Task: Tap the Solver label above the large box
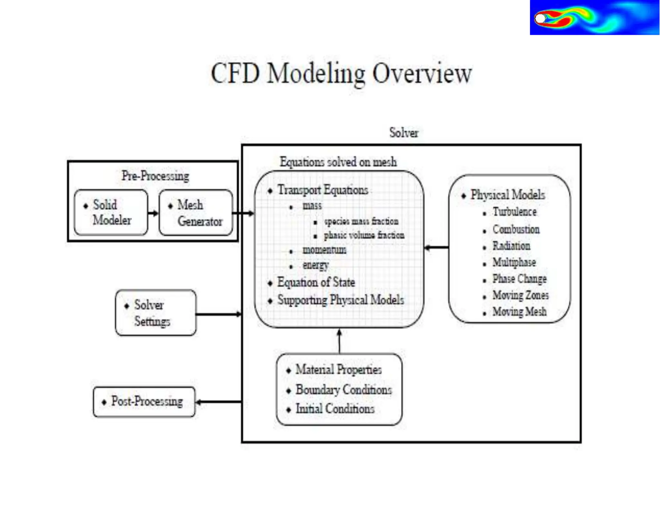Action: pos(403,132)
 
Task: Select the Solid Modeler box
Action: pos(111,212)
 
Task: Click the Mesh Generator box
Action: pos(196,213)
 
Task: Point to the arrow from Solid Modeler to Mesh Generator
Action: pos(153,213)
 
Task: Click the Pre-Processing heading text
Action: pos(155,176)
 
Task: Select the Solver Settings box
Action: pos(155,313)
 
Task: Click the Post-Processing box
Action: pos(144,402)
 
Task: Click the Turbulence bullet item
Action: pos(514,212)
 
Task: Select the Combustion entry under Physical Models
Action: pos(516,230)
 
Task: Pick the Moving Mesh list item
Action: pos(519,312)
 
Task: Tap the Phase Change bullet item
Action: pos(519,279)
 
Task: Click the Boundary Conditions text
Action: pos(344,390)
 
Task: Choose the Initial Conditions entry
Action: pos(335,409)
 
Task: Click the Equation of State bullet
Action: pos(316,282)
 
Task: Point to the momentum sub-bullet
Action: pos(324,250)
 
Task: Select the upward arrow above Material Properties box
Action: pos(339,341)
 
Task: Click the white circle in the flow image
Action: pos(540,19)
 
